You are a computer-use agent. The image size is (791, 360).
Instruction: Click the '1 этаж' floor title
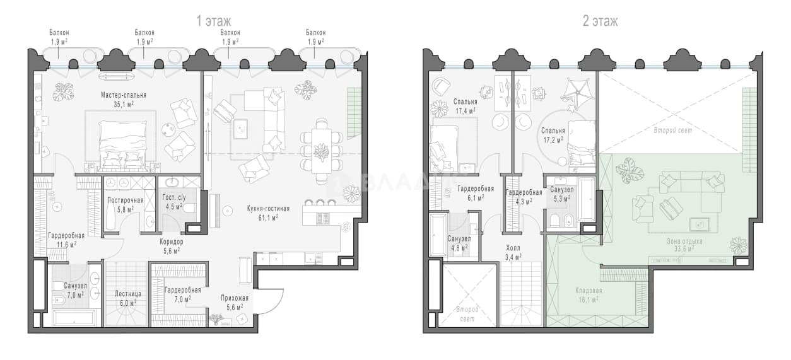(x=214, y=21)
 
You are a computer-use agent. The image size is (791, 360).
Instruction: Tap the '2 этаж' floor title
(x=601, y=21)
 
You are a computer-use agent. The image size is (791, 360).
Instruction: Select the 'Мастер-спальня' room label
(x=124, y=95)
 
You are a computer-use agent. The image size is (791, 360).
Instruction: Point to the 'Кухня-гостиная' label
(x=268, y=209)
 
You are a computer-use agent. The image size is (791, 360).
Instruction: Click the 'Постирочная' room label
(x=126, y=200)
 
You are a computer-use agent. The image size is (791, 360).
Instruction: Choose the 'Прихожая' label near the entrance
(x=235, y=298)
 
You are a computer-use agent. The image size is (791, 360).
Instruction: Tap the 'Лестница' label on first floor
(x=128, y=294)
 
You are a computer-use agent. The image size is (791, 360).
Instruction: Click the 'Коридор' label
(x=172, y=242)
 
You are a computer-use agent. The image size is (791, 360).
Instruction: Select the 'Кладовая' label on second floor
(x=589, y=291)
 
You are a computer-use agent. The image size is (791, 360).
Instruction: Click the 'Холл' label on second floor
(x=513, y=248)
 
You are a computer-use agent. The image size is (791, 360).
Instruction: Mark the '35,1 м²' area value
(x=124, y=105)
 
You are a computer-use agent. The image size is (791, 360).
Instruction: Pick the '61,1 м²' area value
(x=268, y=218)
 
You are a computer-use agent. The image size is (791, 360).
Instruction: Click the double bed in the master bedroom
(x=123, y=145)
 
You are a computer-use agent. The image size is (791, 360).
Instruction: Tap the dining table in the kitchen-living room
(x=321, y=151)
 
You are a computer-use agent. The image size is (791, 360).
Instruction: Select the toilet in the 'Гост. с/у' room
(x=189, y=208)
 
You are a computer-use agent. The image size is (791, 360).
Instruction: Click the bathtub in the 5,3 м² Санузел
(x=587, y=199)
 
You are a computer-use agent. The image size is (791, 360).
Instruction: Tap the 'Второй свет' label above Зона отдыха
(x=673, y=131)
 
